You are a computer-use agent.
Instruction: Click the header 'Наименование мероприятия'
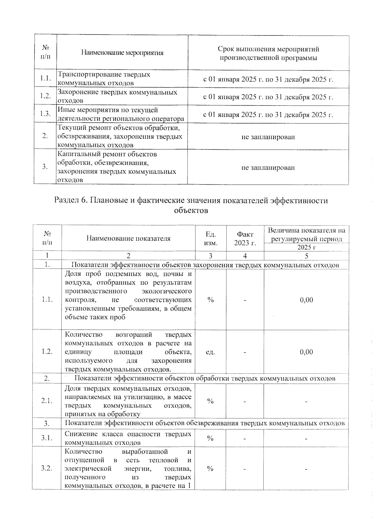[122, 52]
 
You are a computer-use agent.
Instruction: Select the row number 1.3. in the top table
[46, 114]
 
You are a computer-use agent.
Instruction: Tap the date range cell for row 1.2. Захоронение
[268, 97]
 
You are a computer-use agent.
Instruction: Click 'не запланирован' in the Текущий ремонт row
[268, 137]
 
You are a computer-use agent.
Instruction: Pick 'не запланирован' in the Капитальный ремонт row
[268, 167]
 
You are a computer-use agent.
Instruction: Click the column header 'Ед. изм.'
[210, 238]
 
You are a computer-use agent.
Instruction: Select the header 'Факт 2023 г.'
[245, 238]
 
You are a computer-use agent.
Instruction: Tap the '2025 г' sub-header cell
[306, 247]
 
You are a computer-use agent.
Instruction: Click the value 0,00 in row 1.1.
[306, 300]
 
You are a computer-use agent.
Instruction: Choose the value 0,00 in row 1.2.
[306, 352]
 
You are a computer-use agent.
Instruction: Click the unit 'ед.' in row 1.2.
[210, 352]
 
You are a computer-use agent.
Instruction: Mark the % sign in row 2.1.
[210, 401]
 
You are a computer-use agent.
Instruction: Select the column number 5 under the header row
[306, 256]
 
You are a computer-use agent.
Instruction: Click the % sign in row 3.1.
[210, 438]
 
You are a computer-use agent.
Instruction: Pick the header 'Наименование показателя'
[128, 238]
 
